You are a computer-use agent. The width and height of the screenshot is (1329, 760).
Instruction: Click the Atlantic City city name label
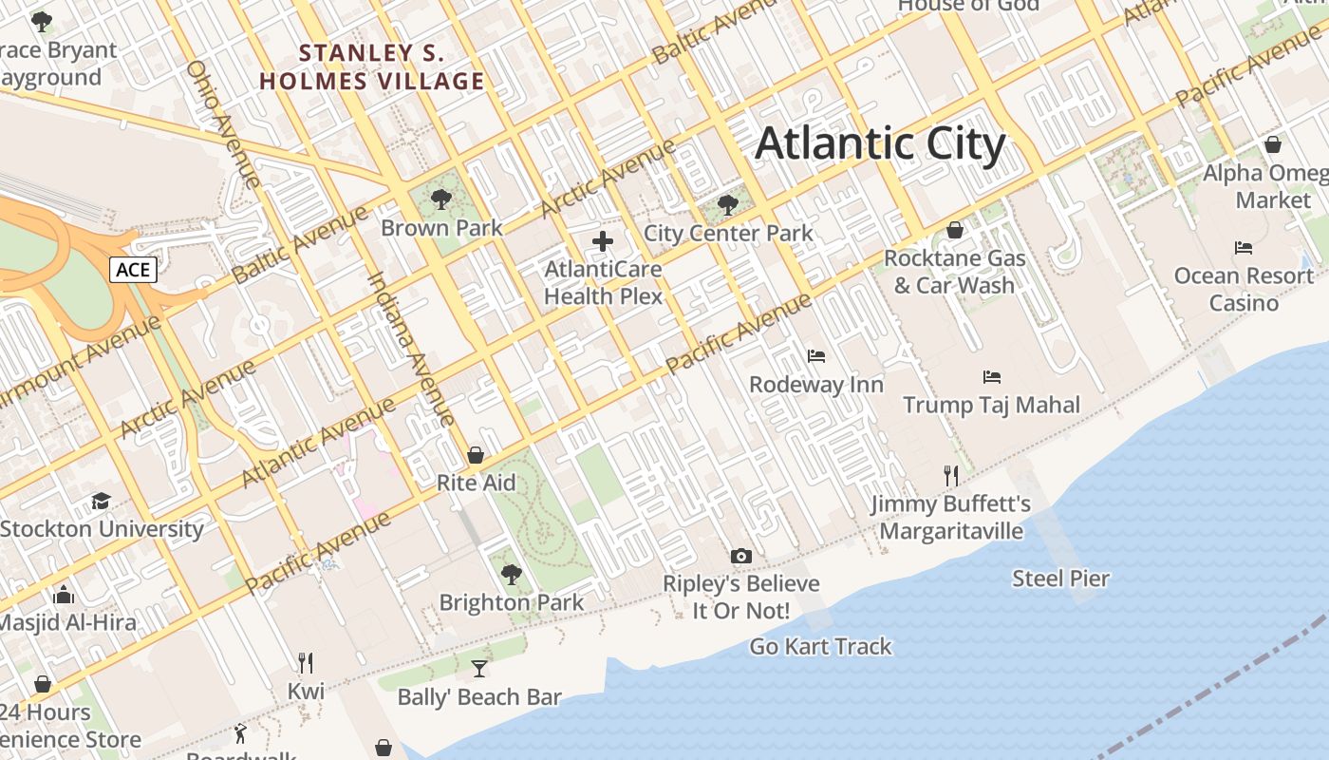click(880, 143)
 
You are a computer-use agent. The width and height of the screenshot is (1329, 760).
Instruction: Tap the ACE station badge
click(133, 270)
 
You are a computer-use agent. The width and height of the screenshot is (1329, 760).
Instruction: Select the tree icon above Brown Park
click(440, 199)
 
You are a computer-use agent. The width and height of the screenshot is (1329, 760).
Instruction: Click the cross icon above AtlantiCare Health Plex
click(603, 241)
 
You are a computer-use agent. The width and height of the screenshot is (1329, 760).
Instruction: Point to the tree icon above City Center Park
click(728, 204)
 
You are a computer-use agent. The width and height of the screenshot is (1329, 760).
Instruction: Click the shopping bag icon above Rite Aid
click(476, 455)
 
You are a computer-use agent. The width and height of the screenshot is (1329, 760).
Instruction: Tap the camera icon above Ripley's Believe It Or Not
click(740, 556)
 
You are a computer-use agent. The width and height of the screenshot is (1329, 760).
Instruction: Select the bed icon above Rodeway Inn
click(816, 356)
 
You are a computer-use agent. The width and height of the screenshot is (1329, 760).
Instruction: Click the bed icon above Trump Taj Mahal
click(992, 376)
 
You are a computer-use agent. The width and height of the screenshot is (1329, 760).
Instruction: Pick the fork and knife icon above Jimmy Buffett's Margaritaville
click(951, 475)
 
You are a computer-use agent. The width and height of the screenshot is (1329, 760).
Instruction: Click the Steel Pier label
click(1060, 578)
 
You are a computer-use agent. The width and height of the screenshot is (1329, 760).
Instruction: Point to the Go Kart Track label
click(821, 647)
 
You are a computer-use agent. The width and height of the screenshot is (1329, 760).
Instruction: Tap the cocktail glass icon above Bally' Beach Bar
click(479, 669)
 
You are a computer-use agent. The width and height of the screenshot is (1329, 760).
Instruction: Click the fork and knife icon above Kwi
click(306, 662)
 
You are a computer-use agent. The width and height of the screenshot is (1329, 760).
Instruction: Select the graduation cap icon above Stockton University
click(101, 501)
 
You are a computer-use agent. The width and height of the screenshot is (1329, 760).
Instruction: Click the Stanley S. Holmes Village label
click(372, 66)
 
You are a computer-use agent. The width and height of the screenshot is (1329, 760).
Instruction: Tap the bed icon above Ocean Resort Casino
click(1244, 248)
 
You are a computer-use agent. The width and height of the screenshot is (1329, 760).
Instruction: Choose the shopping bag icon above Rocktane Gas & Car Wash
click(955, 230)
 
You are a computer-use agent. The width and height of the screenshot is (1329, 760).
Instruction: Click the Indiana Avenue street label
click(411, 349)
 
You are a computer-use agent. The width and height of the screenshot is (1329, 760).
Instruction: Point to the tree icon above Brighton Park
click(512, 574)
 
